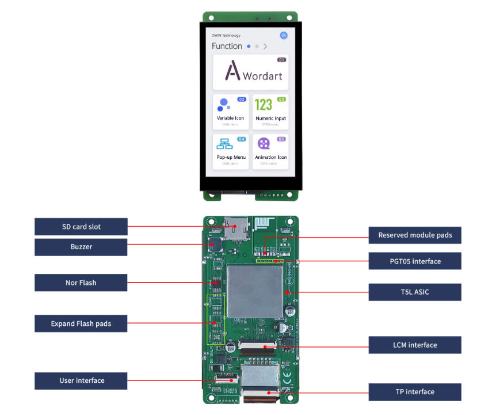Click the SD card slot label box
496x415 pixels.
click(x=81, y=227)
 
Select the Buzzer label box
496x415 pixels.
click(x=81, y=247)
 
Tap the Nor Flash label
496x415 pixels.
click(x=81, y=283)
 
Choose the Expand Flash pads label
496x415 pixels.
click(x=81, y=323)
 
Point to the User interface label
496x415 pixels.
click(x=81, y=380)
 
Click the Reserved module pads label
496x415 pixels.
click(x=415, y=235)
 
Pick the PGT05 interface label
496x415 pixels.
click(x=415, y=261)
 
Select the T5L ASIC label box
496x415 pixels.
click(x=415, y=292)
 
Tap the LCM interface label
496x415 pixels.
click(x=415, y=345)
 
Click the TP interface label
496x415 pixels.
click(x=415, y=392)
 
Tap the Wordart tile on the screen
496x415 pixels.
click(x=250, y=72)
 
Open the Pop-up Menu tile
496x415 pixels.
click(x=231, y=151)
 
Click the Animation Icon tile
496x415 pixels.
click(x=270, y=151)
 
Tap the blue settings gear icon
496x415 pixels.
click(x=284, y=35)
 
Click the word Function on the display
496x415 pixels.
click(x=227, y=46)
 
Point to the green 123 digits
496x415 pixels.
click(x=264, y=105)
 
